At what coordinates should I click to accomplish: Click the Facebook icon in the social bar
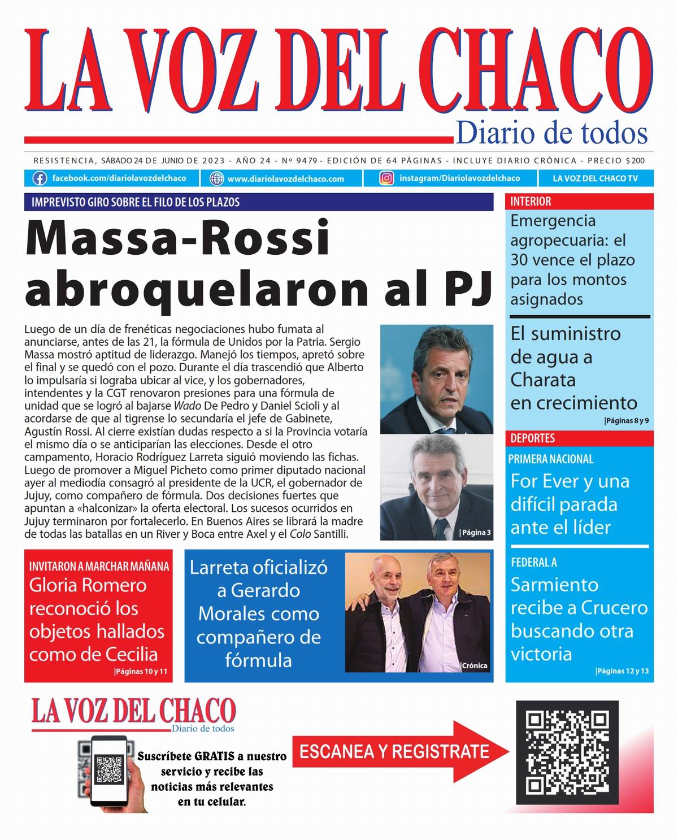coord(39,179)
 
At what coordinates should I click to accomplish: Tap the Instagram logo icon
coord(386,179)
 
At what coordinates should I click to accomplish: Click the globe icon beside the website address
coord(216,179)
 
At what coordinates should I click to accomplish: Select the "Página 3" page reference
coord(475,532)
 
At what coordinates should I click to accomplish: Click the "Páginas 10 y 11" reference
coord(141,672)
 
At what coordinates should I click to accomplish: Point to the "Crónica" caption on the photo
coord(474,665)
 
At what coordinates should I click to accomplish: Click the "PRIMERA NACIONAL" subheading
coord(551,459)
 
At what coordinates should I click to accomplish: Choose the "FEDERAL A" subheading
coord(533,562)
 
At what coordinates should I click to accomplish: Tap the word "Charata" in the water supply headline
coord(543,380)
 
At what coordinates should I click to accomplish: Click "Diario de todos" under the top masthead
coord(551,133)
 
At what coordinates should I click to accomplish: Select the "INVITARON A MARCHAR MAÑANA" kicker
coord(99,566)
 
